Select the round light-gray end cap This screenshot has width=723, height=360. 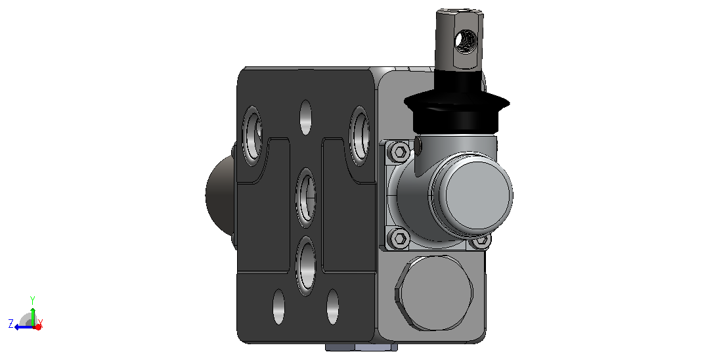pos(473,193)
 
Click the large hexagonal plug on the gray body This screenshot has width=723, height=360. pos(434,294)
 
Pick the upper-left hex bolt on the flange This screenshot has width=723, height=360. pos(400,151)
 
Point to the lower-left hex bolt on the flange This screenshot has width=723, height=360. pos(400,238)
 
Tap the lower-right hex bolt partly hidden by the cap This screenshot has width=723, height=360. pos(481,240)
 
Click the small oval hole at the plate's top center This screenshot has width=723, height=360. pos(305,118)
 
